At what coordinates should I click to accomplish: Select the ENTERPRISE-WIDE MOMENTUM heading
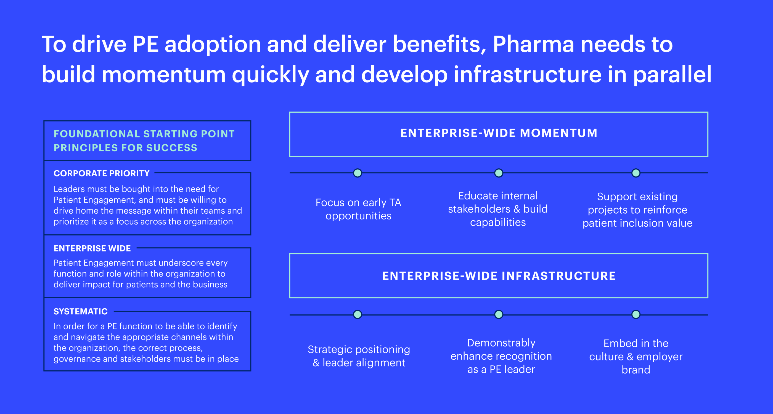point(499,133)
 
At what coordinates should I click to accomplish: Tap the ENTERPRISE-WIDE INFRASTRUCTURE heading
point(499,276)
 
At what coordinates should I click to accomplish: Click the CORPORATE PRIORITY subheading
point(101,173)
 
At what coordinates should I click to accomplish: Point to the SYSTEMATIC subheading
point(80,311)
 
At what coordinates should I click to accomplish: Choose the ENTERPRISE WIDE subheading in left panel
point(92,248)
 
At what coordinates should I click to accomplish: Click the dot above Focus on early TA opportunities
point(358,173)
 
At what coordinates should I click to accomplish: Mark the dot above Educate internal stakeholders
point(498,173)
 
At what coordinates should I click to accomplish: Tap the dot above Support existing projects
point(636,173)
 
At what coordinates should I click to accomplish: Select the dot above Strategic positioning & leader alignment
point(358,314)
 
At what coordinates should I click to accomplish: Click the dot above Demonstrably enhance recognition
point(498,314)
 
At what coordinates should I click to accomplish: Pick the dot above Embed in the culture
point(636,314)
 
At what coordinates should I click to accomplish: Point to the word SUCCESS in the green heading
point(172,148)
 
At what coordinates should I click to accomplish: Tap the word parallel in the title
point(672,75)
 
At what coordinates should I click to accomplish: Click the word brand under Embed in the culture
point(636,370)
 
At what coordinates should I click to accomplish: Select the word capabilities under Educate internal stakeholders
point(498,222)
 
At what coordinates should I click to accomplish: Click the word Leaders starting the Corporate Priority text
point(69,189)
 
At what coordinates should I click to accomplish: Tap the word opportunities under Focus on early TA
point(358,216)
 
